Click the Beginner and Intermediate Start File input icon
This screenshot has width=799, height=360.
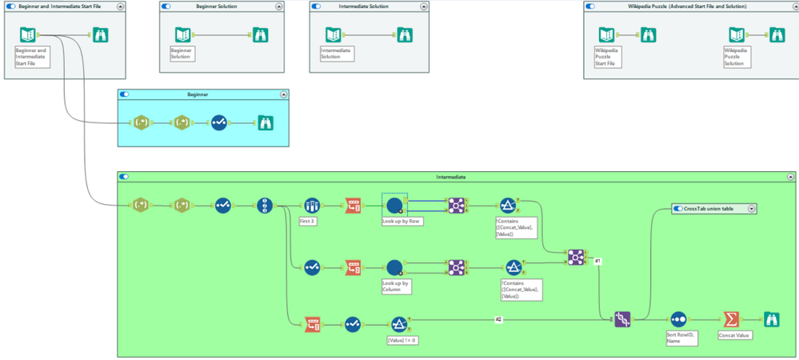point(27,34)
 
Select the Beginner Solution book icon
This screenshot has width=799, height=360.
point(182,34)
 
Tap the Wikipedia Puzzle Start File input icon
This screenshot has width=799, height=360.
point(606,34)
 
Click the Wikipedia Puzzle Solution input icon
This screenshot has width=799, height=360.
point(737,34)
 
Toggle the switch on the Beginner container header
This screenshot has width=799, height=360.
point(124,94)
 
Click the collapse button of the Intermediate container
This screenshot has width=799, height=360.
point(790,176)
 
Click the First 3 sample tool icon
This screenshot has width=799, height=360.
point(312,206)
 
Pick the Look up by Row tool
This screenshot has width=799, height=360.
point(394,206)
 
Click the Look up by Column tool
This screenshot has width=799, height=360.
point(394,268)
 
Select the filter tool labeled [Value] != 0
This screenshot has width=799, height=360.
point(399,324)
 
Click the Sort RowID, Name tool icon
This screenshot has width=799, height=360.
point(678,319)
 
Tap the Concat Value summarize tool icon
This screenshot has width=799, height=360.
point(730,319)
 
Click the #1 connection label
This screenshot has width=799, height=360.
point(597,261)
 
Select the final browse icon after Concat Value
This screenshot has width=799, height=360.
point(772,319)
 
